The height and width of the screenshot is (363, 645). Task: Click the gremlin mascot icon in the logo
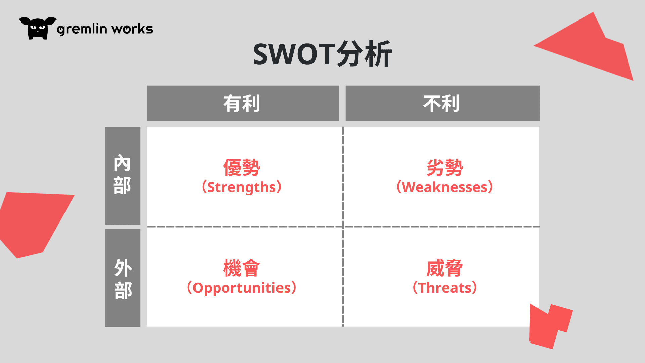click(38, 28)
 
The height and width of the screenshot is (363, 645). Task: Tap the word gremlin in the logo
click(82, 29)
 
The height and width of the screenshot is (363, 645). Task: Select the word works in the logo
click(132, 29)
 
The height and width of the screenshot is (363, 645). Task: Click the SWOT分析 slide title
click(322, 54)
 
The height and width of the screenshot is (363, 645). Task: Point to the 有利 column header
click(242, 103)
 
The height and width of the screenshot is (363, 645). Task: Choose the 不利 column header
click(441, 103)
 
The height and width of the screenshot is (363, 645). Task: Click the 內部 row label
click(122, 174)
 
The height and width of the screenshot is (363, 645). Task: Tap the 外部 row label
click(123, 279)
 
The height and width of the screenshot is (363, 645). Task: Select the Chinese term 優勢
click(242, 167)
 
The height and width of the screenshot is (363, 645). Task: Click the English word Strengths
click(242, 187)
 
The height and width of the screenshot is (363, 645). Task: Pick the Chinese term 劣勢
click(445, 167)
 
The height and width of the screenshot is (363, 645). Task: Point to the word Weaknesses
click(445, 187)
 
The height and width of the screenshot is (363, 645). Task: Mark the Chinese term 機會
click(242, 268)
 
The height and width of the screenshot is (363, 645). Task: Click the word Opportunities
click(242, 288)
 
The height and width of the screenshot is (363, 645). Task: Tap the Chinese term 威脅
click(445, 268)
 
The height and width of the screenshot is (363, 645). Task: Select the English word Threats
click(445, 288)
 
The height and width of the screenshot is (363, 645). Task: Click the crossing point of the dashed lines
click(343, 227)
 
